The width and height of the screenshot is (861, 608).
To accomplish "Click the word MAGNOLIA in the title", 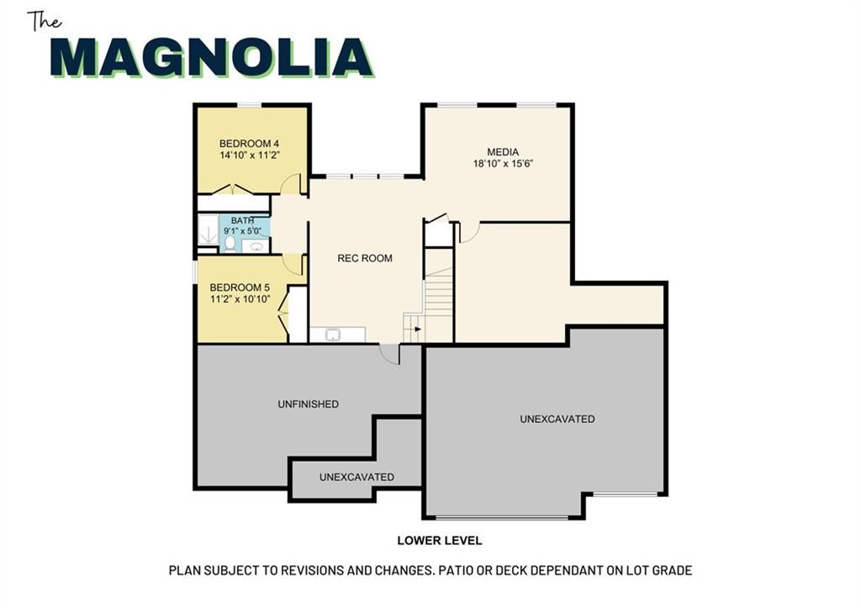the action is click(212, 57).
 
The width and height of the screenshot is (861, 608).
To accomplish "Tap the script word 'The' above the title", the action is click(45, 21).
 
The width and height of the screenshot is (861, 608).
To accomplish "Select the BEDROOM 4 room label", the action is click(249, 143).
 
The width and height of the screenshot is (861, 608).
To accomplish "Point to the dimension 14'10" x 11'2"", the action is click(250, 156).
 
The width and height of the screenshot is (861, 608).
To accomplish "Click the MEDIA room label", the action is click(503, 151).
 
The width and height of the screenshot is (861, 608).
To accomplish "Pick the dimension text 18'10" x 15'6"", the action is click(504, 163).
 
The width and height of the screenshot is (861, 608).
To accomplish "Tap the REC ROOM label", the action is click(365, 258).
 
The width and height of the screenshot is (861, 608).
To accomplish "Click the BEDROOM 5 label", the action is click(240, 288).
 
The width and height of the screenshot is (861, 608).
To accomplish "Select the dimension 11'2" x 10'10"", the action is click(240, 299).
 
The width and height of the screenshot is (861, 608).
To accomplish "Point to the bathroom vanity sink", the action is click(256, 246).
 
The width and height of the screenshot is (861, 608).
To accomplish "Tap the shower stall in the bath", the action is click(209, 229).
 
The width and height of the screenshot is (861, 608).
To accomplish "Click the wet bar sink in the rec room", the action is click(332, 335).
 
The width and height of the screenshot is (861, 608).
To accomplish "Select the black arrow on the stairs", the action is click(418, 329).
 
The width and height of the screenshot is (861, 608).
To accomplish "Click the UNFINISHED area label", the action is click(308, 404).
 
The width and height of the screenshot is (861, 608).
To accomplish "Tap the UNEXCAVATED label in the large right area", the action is click(557, 419).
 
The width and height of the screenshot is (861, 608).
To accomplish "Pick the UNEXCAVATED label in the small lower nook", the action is click(357, 478).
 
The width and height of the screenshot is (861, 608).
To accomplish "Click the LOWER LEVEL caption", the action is click(440, 541).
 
